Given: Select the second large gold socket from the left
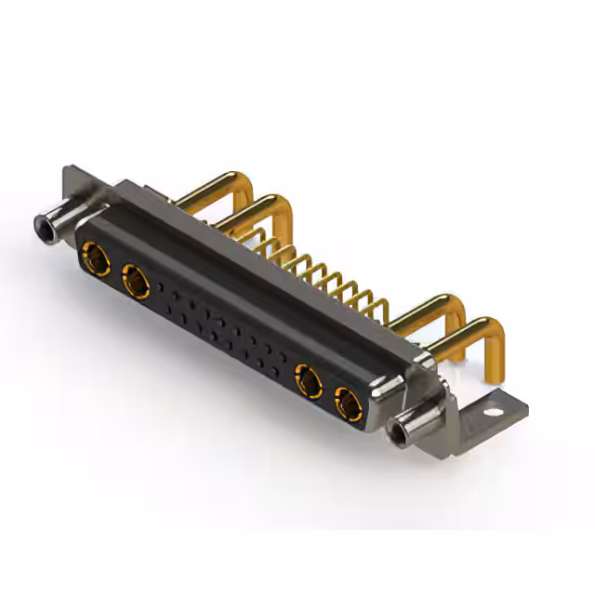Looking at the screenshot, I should pyautogui.click(x=136, y=279).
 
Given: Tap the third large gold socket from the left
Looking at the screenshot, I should pyautogui.click(x=308, y=379).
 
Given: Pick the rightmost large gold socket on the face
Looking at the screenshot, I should pyautogui.click(x=348, y=403).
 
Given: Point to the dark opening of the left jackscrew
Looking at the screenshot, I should pyautogui.click(x=42, y=225).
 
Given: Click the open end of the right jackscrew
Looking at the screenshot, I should pyautogui.click(x=402, y=433).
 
